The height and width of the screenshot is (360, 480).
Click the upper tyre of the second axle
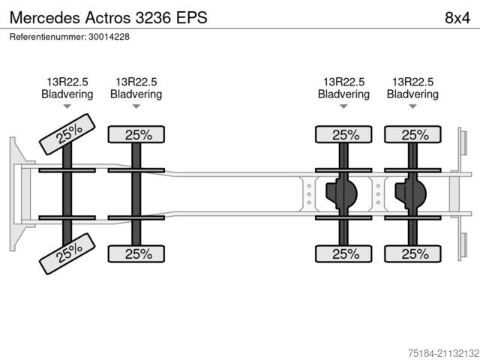click(x=137, y=135)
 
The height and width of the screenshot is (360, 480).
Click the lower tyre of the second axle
click(x=137, y=253)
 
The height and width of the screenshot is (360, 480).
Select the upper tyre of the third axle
click(x=344, y=135)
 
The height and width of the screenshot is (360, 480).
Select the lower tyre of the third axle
click(x=344, y=253)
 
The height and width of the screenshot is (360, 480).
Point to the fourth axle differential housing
click(x=409, y=194)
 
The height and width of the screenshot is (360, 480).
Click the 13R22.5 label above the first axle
click(x=67, y=82)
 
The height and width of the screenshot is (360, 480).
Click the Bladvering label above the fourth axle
click(x=412, y=94)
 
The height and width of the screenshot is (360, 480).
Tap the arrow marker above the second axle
click(x=136, y=106)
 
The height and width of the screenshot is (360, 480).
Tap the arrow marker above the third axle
click(x=343, y=106)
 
